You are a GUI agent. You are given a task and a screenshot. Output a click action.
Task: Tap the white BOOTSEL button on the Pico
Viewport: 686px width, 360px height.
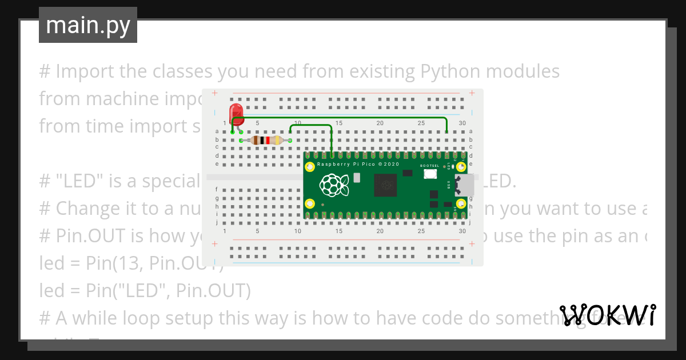click(x=430, y=174)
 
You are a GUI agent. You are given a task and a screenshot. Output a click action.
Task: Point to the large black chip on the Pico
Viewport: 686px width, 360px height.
click(x=385, y=185)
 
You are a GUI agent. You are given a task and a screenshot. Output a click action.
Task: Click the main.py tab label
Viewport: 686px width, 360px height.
click(x=87, y=25)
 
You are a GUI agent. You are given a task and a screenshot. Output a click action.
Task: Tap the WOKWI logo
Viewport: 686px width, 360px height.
click(x=608, y=315)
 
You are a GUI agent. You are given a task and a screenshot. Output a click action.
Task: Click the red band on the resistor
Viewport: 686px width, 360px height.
click(x=268, y=141)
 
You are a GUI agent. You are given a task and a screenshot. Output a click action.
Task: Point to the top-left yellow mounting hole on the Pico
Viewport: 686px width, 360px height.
click(x=310, y=167)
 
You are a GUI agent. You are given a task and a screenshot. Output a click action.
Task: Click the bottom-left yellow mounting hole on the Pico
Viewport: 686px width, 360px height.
click(x=310, y=203)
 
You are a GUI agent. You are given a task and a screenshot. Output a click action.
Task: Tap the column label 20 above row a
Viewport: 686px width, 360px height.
click(x=380, y=123)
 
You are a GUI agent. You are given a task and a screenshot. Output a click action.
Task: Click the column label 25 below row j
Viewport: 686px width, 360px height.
click(x=421, y=231)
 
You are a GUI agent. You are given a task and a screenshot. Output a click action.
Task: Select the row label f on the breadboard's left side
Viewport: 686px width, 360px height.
click(x=217, y=189)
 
